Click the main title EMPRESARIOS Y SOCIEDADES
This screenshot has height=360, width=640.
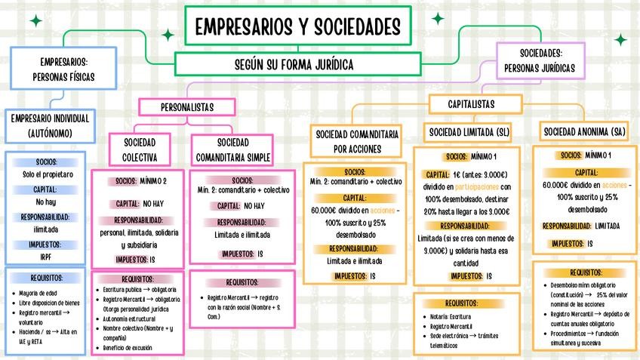point(297,26)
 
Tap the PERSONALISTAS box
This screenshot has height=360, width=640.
point(186,107)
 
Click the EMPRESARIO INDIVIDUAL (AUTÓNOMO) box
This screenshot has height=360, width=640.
point(49,126)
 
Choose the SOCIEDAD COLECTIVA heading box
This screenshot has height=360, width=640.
point(139,149)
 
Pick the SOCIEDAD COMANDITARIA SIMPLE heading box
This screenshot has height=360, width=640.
point(232,149)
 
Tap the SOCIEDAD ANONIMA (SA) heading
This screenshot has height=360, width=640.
point(585,132)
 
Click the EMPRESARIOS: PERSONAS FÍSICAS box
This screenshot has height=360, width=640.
point(63,69)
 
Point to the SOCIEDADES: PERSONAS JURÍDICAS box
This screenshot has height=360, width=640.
point(540,60)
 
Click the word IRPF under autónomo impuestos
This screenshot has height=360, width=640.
point(45,257)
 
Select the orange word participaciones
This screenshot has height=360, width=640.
point(476,187)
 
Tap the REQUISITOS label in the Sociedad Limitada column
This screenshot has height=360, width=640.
point(466,303)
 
